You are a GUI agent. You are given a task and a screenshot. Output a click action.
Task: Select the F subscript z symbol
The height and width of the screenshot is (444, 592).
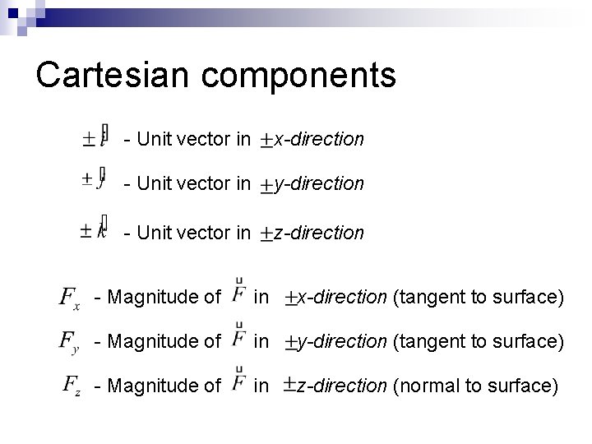click(72, 386)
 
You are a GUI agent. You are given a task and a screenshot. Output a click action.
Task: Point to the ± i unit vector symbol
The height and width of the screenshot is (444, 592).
click(95, 138)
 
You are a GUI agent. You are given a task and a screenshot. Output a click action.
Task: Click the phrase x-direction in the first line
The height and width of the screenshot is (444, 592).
click(318, 140)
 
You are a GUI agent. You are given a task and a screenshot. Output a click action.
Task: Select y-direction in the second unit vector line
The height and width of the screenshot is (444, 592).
click(318, 184)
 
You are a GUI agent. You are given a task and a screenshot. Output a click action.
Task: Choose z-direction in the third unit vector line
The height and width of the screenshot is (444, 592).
click(318, 233)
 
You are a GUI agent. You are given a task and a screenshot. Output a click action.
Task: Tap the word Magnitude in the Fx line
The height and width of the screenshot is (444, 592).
click(160, 296)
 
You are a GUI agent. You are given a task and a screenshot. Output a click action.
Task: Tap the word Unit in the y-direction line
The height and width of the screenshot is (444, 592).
click(153, 184)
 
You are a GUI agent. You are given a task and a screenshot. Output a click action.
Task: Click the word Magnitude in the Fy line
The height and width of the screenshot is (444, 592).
click(160, 340)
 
